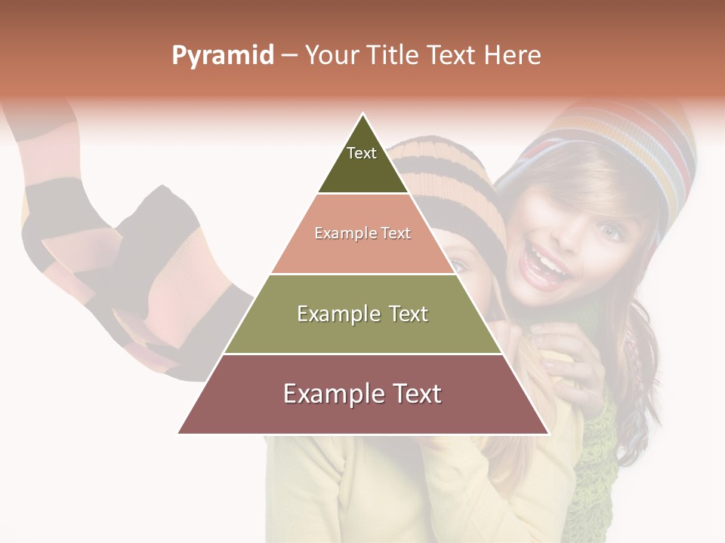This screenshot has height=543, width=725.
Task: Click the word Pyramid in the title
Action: click(x=222, y=56)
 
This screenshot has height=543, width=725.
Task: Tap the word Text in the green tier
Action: click(x=405, y=314)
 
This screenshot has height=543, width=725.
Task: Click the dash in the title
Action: click(x=288, y=56)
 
